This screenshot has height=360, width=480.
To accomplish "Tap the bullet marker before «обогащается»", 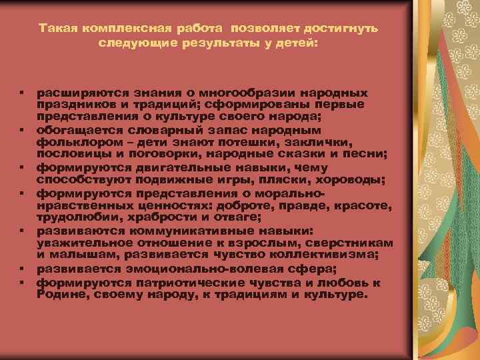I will click(x=22, y=129).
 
